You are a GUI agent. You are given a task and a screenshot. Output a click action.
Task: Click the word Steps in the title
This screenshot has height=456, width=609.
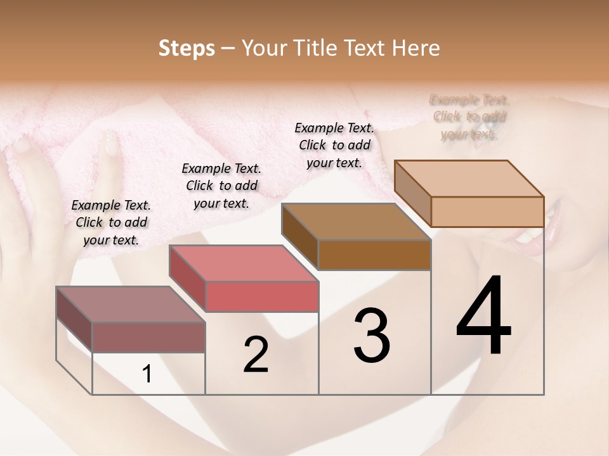coord(187,48)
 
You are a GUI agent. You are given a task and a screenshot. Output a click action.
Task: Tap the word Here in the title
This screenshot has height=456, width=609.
coord(417,48)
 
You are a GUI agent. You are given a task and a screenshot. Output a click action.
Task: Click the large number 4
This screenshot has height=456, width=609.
coord(483,317)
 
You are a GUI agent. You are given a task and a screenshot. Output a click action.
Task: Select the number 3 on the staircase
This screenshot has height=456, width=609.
coord(372,336)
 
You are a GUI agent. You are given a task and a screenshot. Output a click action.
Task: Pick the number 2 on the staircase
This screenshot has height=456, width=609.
coord(256,355)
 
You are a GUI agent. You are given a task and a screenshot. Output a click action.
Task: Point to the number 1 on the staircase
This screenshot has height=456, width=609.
coord(147,374)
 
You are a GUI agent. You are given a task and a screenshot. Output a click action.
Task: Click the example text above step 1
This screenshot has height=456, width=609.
coord(111,222)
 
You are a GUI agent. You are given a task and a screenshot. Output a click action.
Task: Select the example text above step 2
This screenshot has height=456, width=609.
coord(221,186)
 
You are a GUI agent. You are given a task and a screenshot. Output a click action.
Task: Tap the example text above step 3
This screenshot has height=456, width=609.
coord(334,145)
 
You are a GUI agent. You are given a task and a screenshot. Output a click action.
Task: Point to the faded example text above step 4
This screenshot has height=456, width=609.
coord(469,117)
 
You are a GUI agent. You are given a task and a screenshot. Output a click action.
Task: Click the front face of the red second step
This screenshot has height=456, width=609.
coord(262,296)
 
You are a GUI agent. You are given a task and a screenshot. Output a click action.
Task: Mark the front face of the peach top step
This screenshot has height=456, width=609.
coord(487,212)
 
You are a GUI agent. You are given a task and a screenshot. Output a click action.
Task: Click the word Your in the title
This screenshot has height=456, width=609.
coord(263,48)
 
